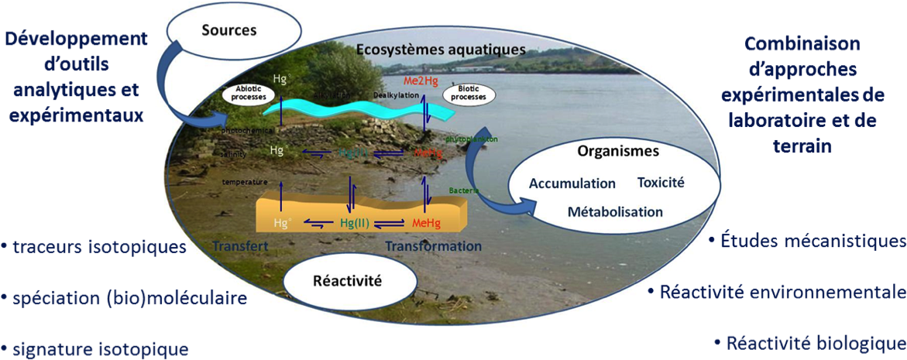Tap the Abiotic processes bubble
[249, 93]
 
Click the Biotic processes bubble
[471, 94]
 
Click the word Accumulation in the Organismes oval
[572, 183]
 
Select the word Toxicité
[661, 183]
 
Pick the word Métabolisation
[615, 211]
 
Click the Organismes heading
[618, 152]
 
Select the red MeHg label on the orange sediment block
[427, 223]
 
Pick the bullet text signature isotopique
[98, 348]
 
